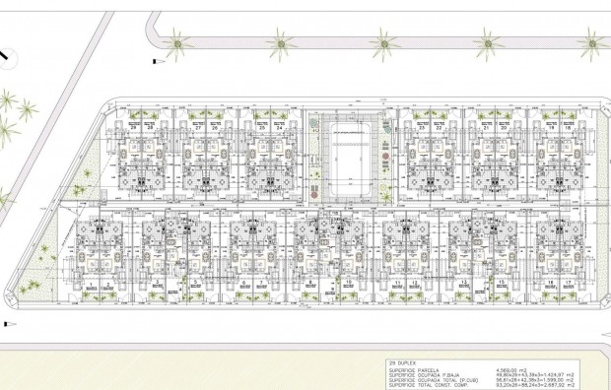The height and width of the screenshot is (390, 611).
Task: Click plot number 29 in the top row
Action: tap(133, 128)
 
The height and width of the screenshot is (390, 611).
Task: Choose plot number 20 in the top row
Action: tap(503, 128)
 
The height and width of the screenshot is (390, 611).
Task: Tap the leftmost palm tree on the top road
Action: tap(176, 41)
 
